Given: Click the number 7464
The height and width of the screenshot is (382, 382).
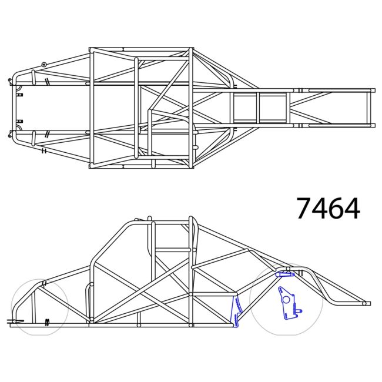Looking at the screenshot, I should pos(328,208).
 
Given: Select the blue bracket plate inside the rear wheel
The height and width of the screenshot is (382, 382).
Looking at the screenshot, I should pos(287,303).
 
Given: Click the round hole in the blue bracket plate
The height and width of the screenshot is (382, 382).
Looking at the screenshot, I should pos(286,299).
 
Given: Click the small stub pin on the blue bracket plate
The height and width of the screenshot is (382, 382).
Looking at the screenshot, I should pos(300,310).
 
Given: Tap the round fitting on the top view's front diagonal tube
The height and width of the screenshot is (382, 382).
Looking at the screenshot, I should pos(44,64).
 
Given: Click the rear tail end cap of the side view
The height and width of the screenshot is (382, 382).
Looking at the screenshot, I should pos(367,303).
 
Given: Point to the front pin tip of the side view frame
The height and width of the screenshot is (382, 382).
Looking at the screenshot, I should pos(11,321).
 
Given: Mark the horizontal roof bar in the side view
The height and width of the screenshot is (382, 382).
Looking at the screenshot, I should pos(170,222).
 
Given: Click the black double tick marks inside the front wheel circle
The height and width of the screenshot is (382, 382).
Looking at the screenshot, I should pos(47,321).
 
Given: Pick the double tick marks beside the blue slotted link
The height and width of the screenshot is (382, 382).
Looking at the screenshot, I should pos(300,272).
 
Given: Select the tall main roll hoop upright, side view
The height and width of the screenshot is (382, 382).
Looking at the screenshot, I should pos(192,270).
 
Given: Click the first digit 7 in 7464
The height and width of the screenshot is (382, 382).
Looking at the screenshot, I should pos(304,208).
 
